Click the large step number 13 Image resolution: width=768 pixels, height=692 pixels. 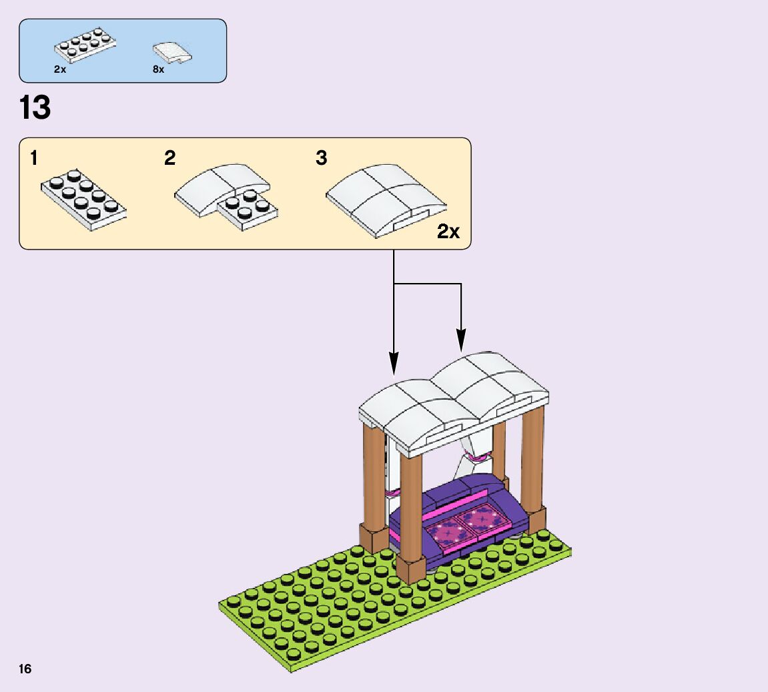(35, 107)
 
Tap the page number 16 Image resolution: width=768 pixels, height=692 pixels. (25, 669)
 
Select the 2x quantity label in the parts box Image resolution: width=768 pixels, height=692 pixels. (60, 69)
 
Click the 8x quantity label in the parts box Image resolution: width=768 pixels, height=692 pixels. (158, 69)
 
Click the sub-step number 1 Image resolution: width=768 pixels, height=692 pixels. (34, 159)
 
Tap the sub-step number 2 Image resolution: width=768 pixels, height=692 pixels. (169, 159)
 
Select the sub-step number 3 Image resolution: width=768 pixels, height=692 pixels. (322, 159)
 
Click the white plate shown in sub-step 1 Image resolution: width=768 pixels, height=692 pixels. (83, 199)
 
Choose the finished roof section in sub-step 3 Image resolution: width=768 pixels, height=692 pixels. (384, 198)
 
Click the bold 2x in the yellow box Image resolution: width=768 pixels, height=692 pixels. (448, 232)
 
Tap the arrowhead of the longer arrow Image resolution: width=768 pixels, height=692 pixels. (394, 365)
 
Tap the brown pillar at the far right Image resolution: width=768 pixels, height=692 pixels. (532, 460)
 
